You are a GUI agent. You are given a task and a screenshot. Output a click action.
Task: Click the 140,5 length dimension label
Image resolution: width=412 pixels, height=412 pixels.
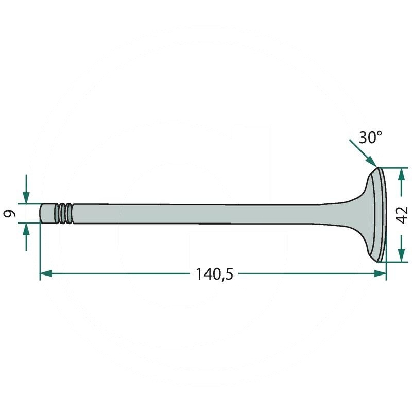[214, 274]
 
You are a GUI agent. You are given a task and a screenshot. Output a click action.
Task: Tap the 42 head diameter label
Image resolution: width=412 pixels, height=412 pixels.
[402, 215]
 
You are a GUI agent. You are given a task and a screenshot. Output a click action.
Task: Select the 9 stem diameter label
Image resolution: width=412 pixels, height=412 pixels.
[10, 214]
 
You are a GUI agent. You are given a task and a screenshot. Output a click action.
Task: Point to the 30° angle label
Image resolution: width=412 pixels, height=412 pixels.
[370, 137]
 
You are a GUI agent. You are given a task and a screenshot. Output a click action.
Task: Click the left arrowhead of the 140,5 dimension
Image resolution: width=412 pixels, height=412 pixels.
[46, 273]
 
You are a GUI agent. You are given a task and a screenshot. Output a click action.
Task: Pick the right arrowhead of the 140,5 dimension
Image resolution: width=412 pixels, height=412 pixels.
[380, 273]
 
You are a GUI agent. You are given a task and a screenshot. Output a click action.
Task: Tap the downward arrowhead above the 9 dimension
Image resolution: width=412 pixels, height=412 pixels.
[26, 198]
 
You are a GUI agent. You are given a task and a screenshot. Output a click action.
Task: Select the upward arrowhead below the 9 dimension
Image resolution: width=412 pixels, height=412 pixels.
[26, 229]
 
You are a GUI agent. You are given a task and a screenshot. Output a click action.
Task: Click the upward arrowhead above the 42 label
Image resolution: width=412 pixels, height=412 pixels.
[401, 174]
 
